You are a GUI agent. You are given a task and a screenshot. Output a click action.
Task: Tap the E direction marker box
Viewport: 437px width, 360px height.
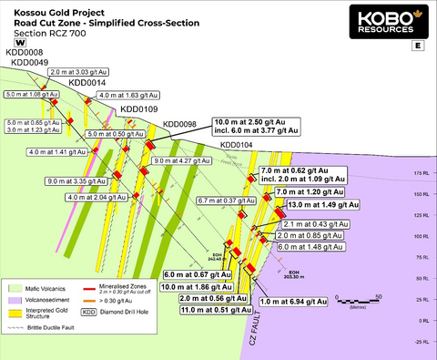click(x=417, y=44)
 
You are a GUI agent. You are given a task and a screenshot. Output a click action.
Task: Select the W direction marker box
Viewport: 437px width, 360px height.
click(x=20, y=42)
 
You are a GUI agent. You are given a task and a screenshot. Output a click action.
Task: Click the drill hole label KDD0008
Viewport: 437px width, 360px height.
click(x=25, y=53)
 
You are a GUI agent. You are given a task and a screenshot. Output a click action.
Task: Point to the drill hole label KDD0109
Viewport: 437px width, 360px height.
click(x=139, y=109)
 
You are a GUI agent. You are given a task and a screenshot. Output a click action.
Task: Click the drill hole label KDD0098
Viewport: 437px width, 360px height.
click(x=180, y=124)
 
